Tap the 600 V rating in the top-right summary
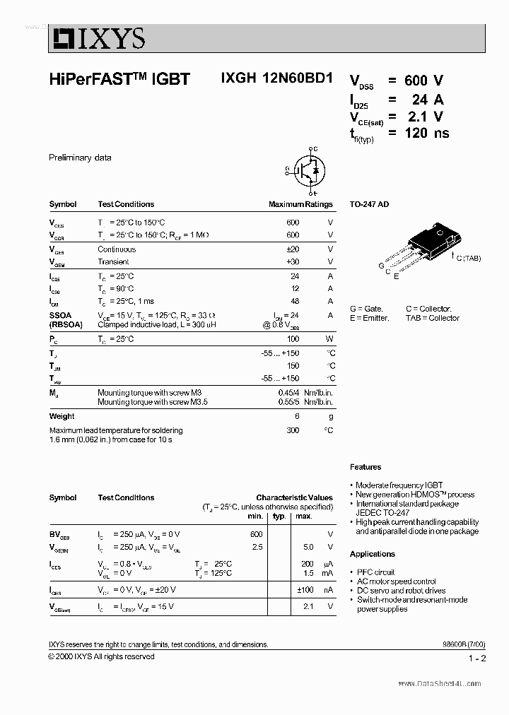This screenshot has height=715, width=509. click(424, 81)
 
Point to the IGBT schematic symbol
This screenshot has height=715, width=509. click(308, 170)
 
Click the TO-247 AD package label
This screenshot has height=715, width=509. click(369, 204)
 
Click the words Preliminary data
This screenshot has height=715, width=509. click(80, 158)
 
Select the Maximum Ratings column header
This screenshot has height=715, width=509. click(300, 204)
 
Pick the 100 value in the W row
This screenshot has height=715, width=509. click(293, 339)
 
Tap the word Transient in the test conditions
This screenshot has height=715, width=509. click(113, 262)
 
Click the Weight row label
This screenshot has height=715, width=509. click(62, 416)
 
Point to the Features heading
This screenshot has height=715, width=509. click(365, 467)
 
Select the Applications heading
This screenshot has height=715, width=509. click(373, 554)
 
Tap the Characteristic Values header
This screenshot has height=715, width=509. click(294, 497)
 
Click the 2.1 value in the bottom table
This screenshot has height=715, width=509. click(308, 607)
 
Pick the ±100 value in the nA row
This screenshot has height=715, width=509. click(305, 589)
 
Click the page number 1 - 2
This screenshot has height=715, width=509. click(476, 658)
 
